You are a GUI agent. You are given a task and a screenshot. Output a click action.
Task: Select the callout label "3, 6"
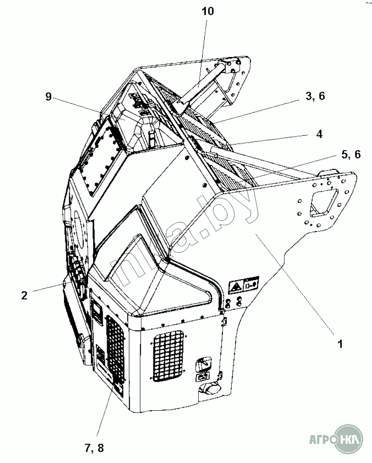point(315,97)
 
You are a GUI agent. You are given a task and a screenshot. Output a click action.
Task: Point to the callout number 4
point(319,134)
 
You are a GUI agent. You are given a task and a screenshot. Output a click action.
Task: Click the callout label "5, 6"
point(351,154)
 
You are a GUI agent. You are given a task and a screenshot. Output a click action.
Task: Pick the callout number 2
point(24,295)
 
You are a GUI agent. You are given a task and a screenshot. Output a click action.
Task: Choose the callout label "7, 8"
point(95,447)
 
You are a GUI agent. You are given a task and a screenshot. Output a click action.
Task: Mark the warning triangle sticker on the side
point(236,287)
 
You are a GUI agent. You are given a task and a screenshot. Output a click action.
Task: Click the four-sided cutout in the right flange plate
point(325,204)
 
